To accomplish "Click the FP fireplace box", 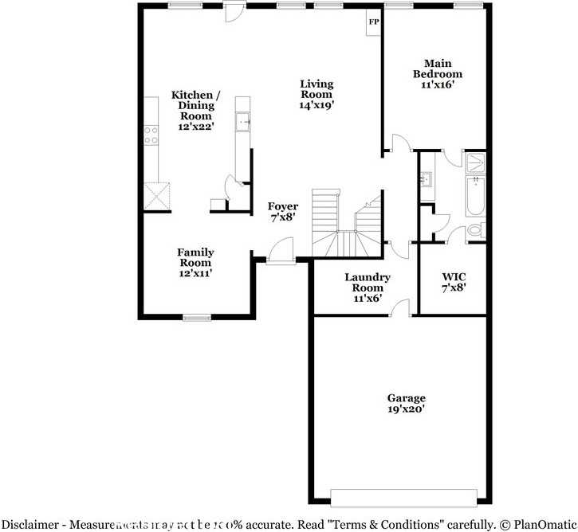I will click(x=372, y=22).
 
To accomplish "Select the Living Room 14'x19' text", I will click(x=316, y=94).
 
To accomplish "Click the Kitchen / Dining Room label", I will click(x=195, y=111).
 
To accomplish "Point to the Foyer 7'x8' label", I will click(x=282, y=211).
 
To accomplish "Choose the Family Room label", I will click(x=195, y=263).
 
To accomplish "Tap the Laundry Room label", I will click(x=367, y=288).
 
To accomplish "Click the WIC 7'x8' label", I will click(x=454, y=283).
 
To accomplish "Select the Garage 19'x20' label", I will click(x=406, y=403).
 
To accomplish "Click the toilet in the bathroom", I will click(x=475, y=230).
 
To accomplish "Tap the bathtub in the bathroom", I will click(x=475, y=197).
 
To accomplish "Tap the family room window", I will click(x=195, y=318).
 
